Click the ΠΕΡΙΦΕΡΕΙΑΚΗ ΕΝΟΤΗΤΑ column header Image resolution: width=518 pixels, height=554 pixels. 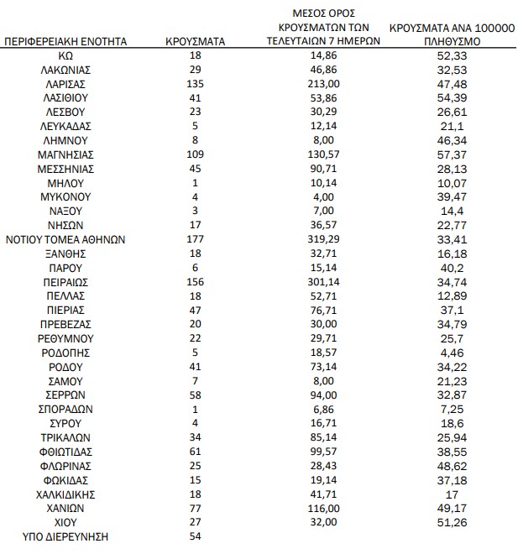65,40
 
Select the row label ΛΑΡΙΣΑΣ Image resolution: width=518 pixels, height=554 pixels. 65,83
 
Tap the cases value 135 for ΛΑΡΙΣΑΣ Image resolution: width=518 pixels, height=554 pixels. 195,83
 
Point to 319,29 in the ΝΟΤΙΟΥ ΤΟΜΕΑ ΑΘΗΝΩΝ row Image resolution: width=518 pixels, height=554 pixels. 318,238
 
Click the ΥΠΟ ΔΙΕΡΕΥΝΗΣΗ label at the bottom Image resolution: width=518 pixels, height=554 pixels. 65,536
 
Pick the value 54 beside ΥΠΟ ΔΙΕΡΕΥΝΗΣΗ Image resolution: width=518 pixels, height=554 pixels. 195,536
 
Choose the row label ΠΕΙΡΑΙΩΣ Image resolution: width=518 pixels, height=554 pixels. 65,281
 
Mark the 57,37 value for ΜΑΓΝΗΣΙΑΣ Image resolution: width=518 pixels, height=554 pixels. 452,154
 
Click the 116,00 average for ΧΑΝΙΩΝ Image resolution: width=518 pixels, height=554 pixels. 318,507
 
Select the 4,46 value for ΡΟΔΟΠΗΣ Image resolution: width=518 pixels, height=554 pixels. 452,352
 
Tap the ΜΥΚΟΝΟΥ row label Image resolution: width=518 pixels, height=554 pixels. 65,196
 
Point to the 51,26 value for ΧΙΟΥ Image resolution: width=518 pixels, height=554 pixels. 452,521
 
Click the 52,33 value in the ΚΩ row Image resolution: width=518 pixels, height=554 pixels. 452,55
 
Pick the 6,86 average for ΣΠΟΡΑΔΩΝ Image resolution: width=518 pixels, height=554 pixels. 318,408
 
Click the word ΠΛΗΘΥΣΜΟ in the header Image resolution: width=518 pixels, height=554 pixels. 452,39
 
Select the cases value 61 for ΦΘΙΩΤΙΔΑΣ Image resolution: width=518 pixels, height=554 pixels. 195,451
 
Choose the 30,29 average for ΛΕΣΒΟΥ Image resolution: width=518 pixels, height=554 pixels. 318,112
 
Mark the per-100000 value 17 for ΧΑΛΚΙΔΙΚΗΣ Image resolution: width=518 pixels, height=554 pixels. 452,493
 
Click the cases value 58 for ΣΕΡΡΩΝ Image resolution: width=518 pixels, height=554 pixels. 195,394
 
